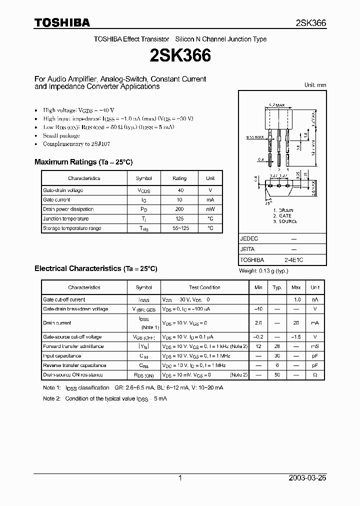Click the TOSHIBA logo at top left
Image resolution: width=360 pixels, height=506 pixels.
(62, 22)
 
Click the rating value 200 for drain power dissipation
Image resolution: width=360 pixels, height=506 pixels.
(179, 209)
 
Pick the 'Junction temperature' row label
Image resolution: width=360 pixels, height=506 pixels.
(66, 218)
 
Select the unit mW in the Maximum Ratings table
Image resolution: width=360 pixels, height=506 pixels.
(210, 209)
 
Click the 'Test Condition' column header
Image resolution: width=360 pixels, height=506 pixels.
(204, 287)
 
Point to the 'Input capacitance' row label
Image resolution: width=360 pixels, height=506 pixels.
(62, 356)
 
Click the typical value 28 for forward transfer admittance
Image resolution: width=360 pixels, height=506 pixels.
(276, 346)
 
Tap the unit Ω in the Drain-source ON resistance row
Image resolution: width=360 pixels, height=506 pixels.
(314, 375)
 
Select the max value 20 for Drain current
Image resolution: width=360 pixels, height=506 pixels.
(296, 323)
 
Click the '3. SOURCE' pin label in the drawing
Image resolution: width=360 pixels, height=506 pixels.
(285, 221)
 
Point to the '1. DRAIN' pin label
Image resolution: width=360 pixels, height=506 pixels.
(283, 210)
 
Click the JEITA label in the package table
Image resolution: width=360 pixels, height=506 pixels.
(247, 249)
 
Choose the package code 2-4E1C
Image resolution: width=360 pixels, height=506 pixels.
(293, 260)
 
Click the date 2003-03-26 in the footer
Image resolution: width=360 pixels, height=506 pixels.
(307, 478)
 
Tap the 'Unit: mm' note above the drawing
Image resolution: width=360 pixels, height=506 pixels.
(315, 85)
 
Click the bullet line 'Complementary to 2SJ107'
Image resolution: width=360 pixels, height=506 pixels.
(76, 144)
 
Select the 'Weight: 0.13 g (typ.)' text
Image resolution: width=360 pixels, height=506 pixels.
(263, 271)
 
